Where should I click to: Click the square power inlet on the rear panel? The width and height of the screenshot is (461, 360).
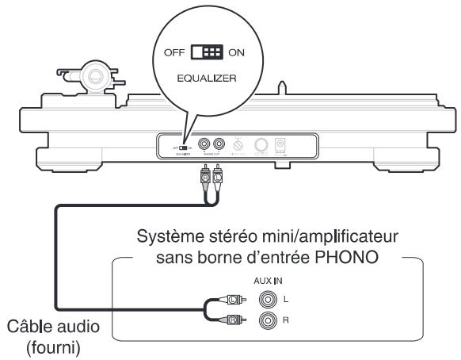(x=280, y=145)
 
